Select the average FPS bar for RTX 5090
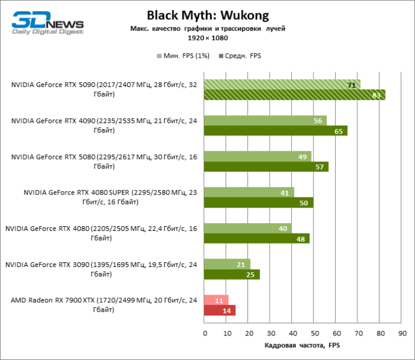pyautogui.click(x=294, y=95)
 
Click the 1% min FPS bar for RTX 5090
pyautogui.click(x=282, y=85)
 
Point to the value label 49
pyautogui.click(x=302, y=157)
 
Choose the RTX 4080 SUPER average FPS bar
pyautogui.click(x=258, y=203)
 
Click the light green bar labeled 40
pyautogui.click(x=247, y=228)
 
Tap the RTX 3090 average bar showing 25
pyautogui.click(x=232, y=275)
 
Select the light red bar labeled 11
pyautogui.click(x=216, y=300)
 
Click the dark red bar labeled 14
pyautogui.click(x=220, y=311)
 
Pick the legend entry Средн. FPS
pyautogui.click(x=242, y=56)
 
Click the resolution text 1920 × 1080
pyautogui.click(x=207, y=37)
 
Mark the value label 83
pyautogui.click(x=377, y=95)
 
